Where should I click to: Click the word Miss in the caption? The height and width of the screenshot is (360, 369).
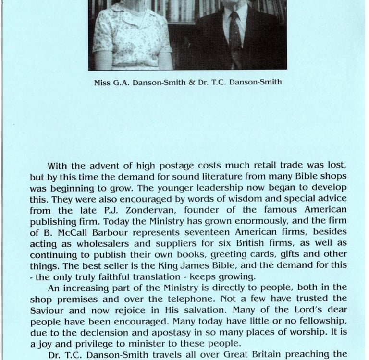coord(102,82)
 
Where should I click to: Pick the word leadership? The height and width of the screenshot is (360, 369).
coord(193,187)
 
